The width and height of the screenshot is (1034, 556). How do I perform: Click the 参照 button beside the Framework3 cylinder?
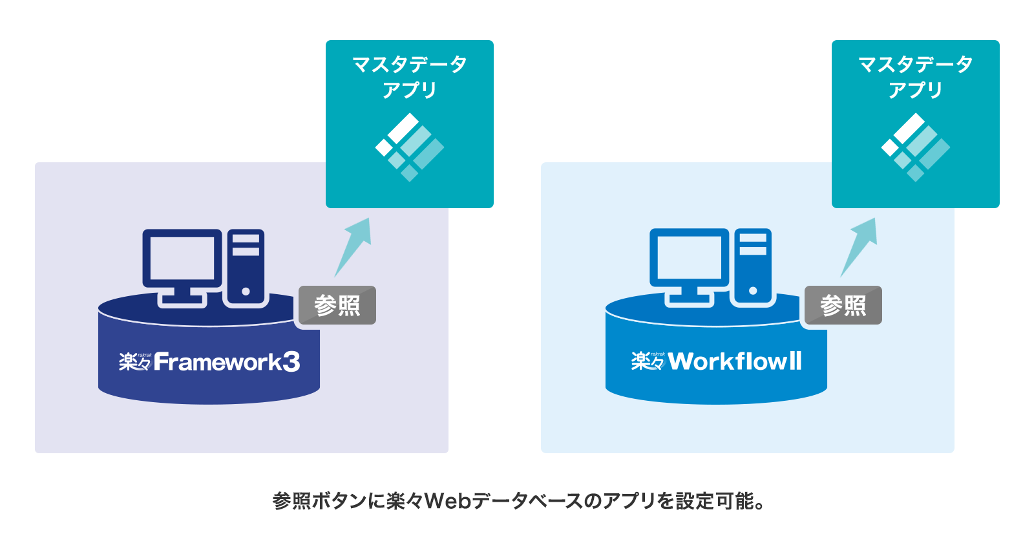(x=337, y=305)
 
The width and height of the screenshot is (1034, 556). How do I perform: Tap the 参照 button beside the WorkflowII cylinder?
(x=843, y=305)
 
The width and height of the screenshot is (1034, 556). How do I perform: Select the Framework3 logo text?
(x=227, y=362)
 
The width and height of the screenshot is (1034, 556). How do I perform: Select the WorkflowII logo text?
(x=735, y=361)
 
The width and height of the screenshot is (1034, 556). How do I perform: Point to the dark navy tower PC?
(x=246, y=266)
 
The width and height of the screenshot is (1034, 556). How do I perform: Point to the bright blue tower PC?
(x=752, y=266)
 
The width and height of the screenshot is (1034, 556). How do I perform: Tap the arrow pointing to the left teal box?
(x=353, y=246)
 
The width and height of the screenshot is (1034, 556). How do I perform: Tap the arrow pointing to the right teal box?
(x=860, y=246)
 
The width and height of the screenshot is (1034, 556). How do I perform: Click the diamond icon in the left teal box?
(x=409, y=147)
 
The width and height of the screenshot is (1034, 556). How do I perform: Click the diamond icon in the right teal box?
(x=915, y=147)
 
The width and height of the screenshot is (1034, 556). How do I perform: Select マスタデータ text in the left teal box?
(x=409, y=64)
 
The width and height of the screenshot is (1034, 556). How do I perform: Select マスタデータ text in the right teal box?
(x=915, y=64)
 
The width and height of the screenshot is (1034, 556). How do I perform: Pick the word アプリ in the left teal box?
(x=409, y=90)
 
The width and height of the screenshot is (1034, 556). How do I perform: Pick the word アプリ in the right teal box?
(x=915, y=90)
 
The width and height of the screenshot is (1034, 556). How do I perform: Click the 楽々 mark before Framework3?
(x=134, y=361)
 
